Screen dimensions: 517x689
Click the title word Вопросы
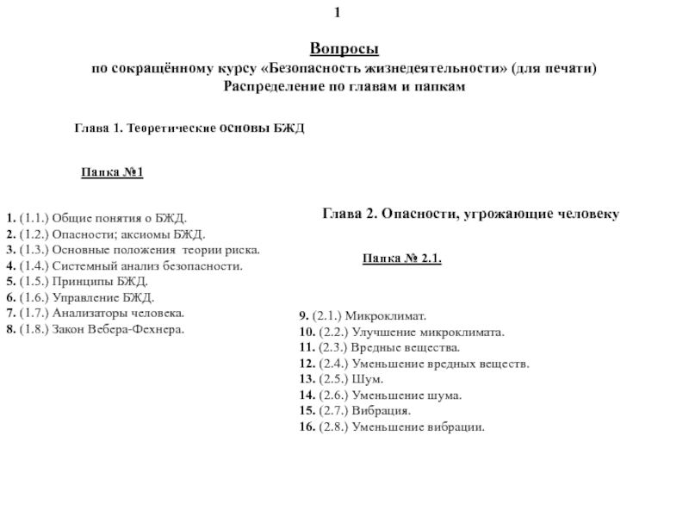tap(344, 52)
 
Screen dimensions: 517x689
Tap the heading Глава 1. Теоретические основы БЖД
tap(190, 128)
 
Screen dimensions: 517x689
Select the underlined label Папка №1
tap(112, 173)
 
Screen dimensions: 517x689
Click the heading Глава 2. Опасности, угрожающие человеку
tap(471, 212)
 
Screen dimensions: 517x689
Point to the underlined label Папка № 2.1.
tap(402, 258)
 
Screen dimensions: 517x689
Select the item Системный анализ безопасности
tap(124, 266)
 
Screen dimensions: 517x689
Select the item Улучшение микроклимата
tap(400, 333)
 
